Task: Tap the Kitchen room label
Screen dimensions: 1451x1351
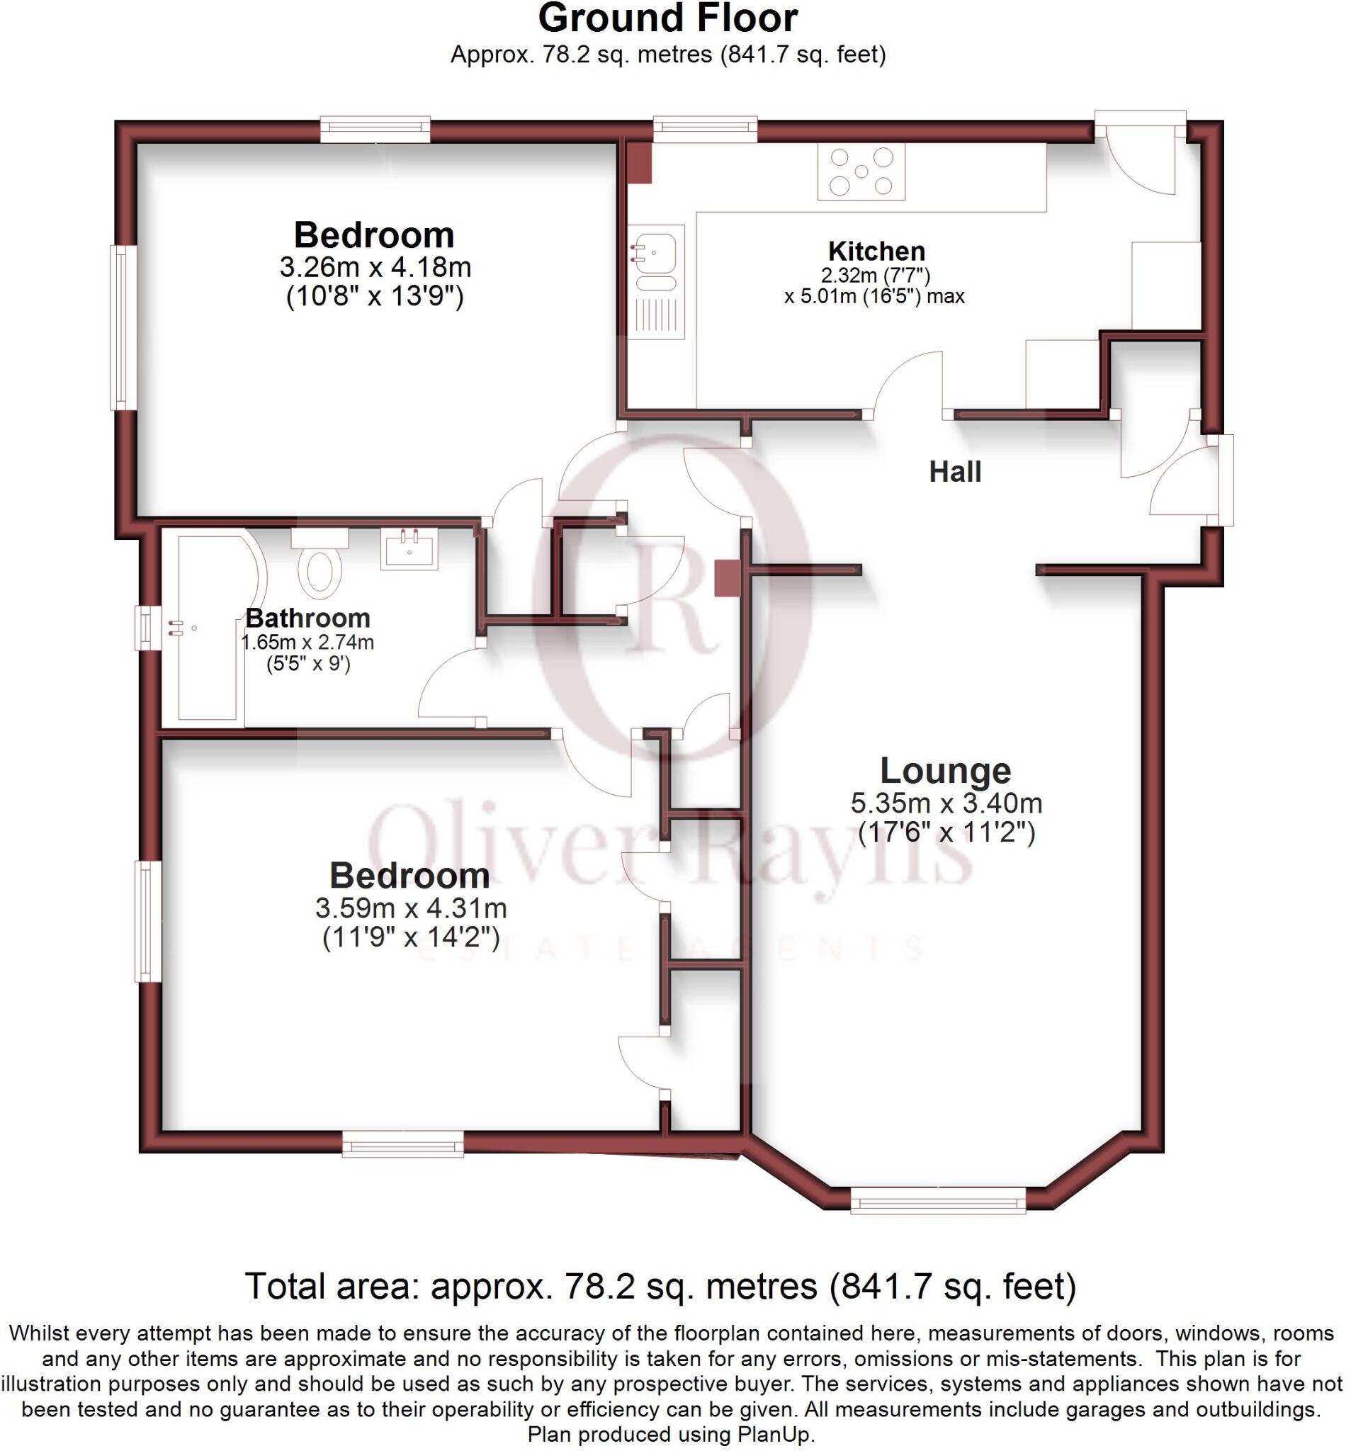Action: [x=876, y=251]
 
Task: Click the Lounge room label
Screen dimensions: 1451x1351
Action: [x=944, y=770]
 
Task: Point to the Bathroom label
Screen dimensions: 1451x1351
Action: [x=307, y=618]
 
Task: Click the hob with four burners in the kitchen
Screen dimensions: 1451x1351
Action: [x=861, y=171]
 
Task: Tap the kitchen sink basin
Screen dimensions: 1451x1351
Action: [x=656, y=252]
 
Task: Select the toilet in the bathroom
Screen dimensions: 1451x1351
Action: [x=320, y=569]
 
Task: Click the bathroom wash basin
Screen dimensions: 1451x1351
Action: [x=408, y=548]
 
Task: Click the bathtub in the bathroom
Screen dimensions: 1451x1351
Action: [x=208, y=628]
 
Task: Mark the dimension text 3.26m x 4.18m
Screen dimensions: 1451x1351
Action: [x=375, y=267]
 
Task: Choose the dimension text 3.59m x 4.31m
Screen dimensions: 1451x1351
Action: [x=410, y=908]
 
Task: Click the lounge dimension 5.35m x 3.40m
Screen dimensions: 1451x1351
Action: [x=945, y=803]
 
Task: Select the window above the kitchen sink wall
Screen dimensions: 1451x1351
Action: [x=704, y=128]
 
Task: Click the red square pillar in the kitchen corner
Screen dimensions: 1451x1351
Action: [x=640, y=163]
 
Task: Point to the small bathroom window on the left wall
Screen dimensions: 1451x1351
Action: [x=147, y=628]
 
